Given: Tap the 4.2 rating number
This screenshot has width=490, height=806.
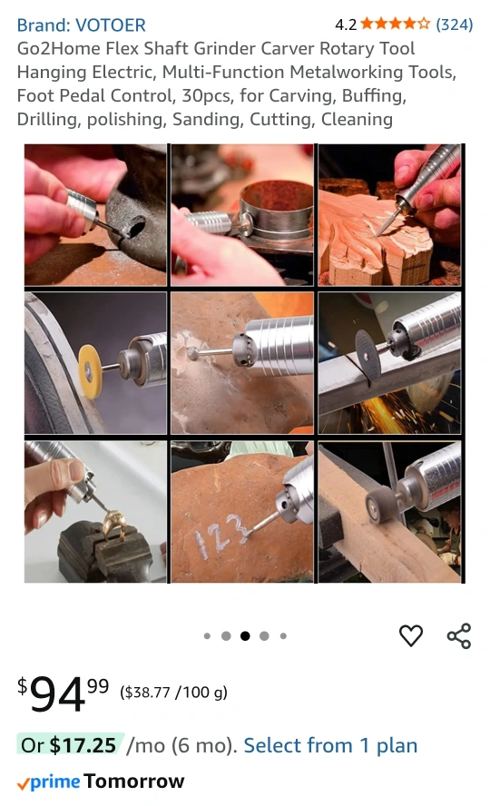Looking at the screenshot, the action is [x=345, y=25].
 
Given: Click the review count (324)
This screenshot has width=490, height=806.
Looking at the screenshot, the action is [x=455, y=25].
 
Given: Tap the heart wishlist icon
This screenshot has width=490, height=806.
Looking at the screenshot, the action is [x=411, y=635].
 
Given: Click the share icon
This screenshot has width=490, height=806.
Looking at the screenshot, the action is [x=458, y=636].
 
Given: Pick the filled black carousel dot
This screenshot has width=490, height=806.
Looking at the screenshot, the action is [x=245, y=636].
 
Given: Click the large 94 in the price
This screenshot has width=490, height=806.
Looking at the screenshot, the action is [x=57, y=694].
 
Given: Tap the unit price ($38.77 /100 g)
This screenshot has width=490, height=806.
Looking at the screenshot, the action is [x=173, y=693].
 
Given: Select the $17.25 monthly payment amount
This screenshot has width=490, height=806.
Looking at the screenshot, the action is [x=83, y=745].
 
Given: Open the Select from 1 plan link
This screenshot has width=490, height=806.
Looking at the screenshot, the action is [x=330, y=745].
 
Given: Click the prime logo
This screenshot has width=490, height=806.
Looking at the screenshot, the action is [x=49, y=781].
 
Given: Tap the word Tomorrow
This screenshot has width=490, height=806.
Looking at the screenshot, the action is [x=134, y=781].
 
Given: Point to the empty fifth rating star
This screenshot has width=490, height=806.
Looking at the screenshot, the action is [x=424, y=24].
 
